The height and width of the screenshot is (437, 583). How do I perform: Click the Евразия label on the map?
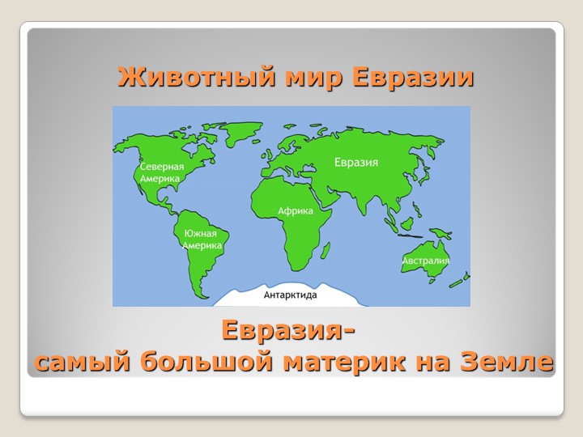click(356, 162)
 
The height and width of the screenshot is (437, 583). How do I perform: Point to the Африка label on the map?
click(295, 210)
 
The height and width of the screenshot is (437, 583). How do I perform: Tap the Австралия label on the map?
click(425, 261)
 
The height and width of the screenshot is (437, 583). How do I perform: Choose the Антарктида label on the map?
click(290, 295)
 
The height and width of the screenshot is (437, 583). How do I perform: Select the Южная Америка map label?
click(201, 240)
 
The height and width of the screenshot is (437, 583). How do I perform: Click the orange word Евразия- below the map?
click(287, 333)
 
